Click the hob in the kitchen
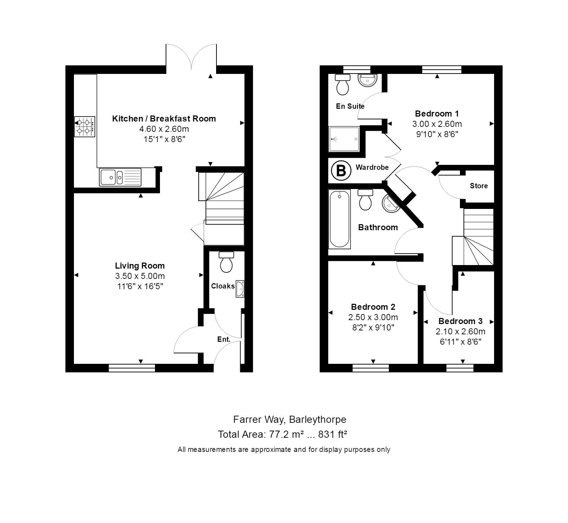(x=85, y=126)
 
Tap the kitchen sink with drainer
(x=120, y=177)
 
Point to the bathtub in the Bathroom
(x=340, y=219)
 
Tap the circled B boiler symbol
(x=341, y=171)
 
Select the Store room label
(x=478, y=186)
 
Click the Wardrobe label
(x=372, y=167)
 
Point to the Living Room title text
(x=140, y=266)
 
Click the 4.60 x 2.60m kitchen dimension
(x=164, y=129)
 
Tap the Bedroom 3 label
(x=460, y=321)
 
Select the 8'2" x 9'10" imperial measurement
(x=373, y=327)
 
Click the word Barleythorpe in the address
(x=317, y=419)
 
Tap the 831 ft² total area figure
(x=332, y=434)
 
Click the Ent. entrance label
(x=224, y=339)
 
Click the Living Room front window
(x=132, y=368)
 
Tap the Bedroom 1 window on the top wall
(x=441, y=69)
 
